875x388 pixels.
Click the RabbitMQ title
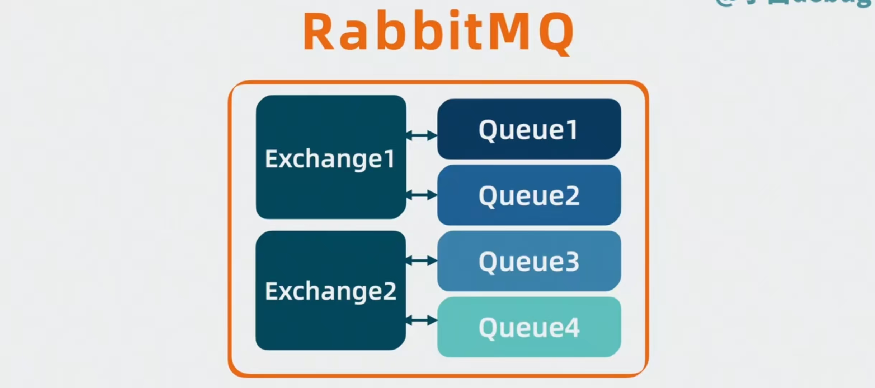click(x=438, y=32)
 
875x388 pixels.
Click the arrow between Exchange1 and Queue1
click(x=422, y=135)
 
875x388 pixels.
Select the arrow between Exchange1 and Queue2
click(x=422, y=195)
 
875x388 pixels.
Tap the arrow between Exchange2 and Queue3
click(x=422, y=260)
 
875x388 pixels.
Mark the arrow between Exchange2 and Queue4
click(x=422, y=320)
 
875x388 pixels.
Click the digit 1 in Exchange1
click(x=388, y=159)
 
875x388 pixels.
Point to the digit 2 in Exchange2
click(x=389, y=291)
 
